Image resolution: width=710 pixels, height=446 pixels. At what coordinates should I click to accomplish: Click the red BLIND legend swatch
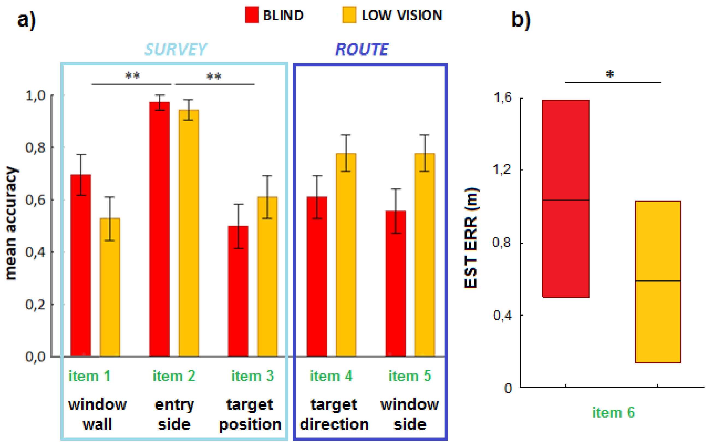click(x=252, y=15)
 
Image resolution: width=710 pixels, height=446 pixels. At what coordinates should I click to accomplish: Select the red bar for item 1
click(x=81, y=265)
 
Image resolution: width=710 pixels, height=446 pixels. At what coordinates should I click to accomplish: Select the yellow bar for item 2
click(x=189, y=233)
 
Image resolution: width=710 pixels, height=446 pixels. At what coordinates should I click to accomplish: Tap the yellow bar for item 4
click(x=346, y=255)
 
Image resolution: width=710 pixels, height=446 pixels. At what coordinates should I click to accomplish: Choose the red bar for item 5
click(x=395, y=283)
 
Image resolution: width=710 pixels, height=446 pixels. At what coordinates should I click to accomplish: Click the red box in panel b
click(x=565, y=198)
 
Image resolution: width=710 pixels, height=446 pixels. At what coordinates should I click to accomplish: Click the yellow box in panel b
click(x=658, y=282)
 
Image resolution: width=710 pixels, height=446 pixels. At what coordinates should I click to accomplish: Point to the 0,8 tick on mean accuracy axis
click(x=35, y=148)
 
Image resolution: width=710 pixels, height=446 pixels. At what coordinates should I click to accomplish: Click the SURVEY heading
click(x=176, y=49)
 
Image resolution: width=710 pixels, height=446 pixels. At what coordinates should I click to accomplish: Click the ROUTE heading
click(x=362, y=49)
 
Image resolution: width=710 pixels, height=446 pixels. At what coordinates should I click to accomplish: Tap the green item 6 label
click(x=613, y=412)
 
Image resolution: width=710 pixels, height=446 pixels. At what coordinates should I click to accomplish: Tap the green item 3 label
click(x=252, y=376)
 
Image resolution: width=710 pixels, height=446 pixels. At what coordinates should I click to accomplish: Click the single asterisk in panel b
click(x=610, y=74)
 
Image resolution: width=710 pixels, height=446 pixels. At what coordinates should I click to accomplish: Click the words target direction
click(x=334, y=415)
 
